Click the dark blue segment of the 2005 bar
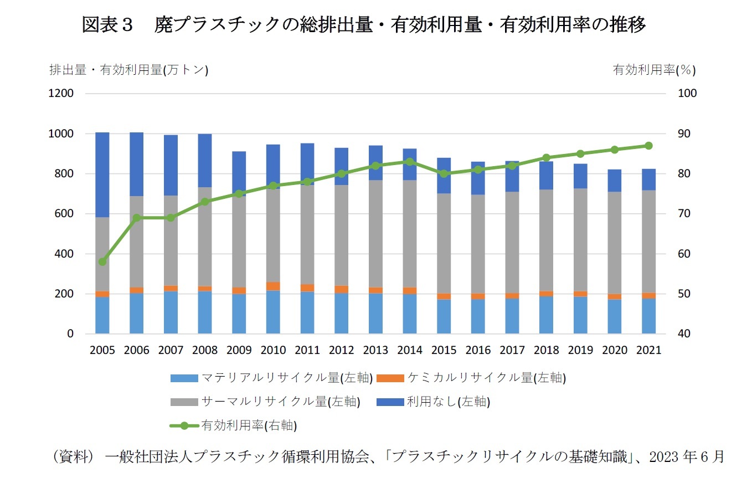point(102,174)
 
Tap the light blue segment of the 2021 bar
point(648,316)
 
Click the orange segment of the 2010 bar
point(273,286)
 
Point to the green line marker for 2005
point(102,261)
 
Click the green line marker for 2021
point(648,146)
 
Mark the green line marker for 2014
point(410,162)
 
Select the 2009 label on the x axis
point(239,351)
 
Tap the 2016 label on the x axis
point(478,351)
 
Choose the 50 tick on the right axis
point(685,294)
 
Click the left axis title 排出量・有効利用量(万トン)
point(128,70)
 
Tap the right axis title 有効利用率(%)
point(654,70)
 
